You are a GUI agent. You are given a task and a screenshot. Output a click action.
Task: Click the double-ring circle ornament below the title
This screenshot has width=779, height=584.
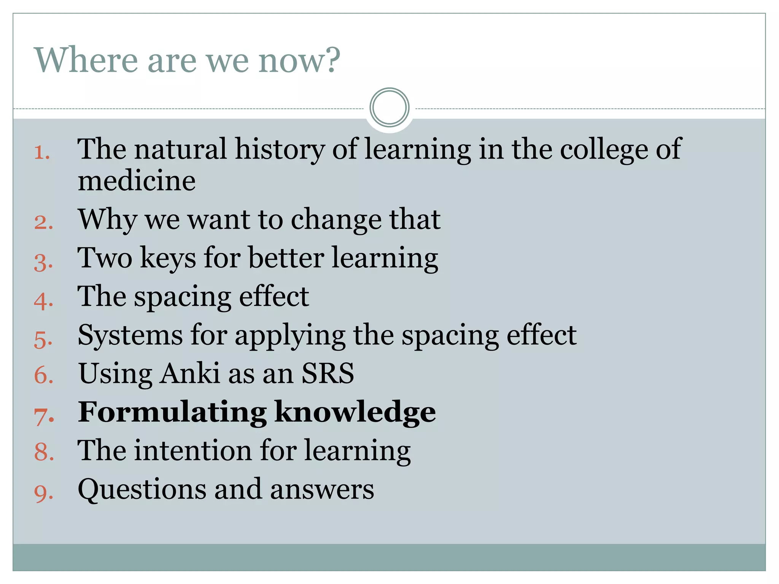pos(389,108)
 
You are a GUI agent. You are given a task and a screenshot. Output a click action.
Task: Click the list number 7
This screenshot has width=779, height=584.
pos(44,416)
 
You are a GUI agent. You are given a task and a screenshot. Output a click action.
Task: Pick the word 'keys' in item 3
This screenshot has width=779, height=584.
pos(168,259)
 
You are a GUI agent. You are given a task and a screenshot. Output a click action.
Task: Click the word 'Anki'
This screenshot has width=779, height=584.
pos(189,373)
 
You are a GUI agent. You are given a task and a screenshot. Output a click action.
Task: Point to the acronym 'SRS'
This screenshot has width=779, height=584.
pos(327,373)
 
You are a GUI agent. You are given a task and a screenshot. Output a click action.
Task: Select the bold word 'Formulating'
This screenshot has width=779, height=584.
pos(172,412)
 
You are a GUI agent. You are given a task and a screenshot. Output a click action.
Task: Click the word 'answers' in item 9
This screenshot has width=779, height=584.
pos(322,490)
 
